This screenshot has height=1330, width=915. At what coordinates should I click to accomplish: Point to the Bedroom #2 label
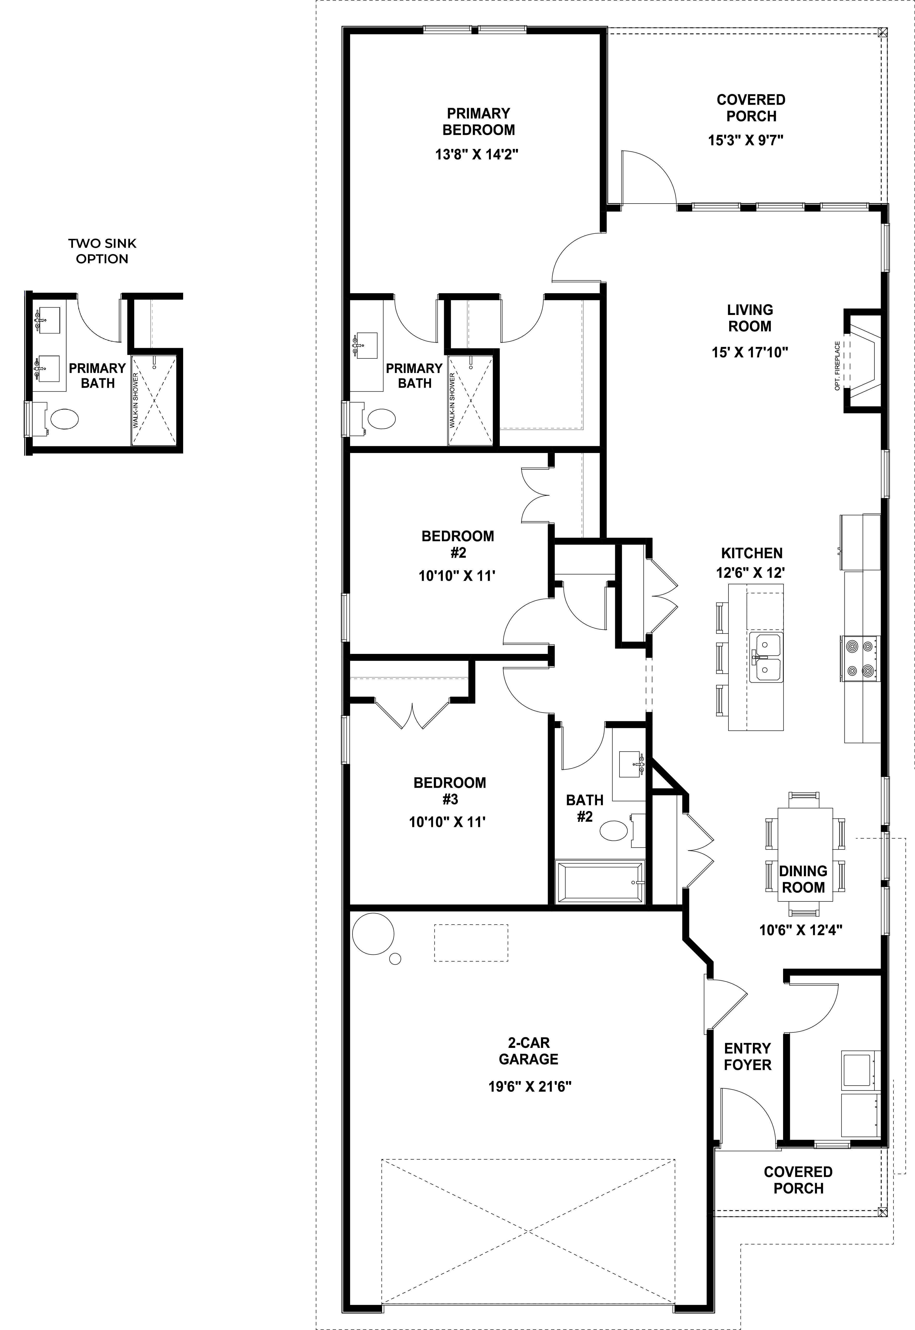click(x=458, y=544)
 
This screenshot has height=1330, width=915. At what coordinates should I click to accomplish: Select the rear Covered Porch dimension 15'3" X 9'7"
click(x=745, y=140)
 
